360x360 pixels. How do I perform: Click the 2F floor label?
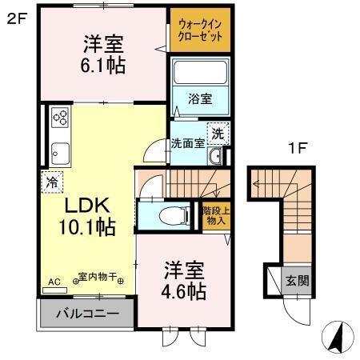17,17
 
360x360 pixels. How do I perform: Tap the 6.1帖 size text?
103,66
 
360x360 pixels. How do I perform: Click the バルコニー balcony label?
86,313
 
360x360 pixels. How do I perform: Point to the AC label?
55,282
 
